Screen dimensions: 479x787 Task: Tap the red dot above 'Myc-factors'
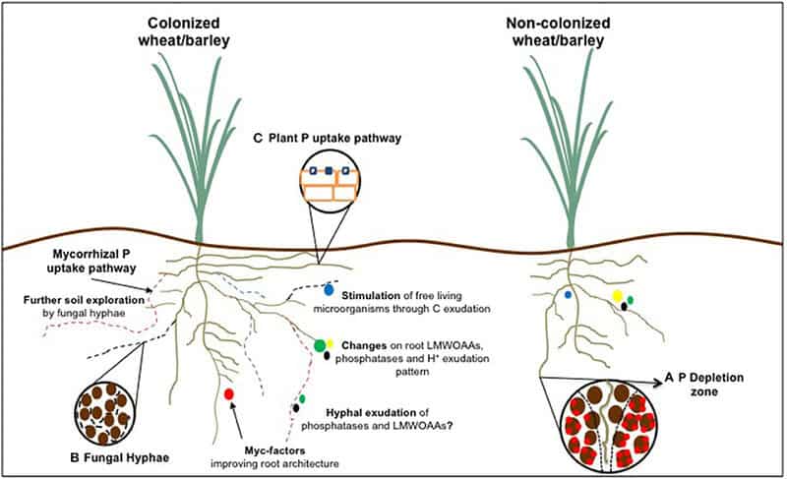click(x=229, y=394)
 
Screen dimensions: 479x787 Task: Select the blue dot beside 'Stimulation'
click(x=329, y=290)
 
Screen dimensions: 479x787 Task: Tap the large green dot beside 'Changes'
click(x=321, y=344)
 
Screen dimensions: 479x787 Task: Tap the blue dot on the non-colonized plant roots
click(x=568, y=294)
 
